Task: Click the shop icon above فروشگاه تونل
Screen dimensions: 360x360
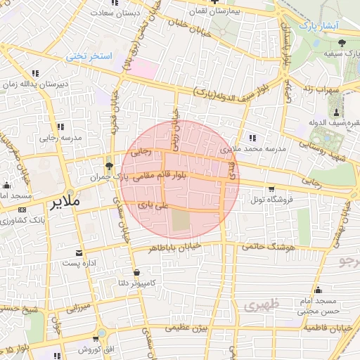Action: pos(271,188)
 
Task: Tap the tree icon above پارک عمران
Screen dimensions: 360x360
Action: pos(108,166)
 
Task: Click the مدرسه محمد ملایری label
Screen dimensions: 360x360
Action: pos(253,149)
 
